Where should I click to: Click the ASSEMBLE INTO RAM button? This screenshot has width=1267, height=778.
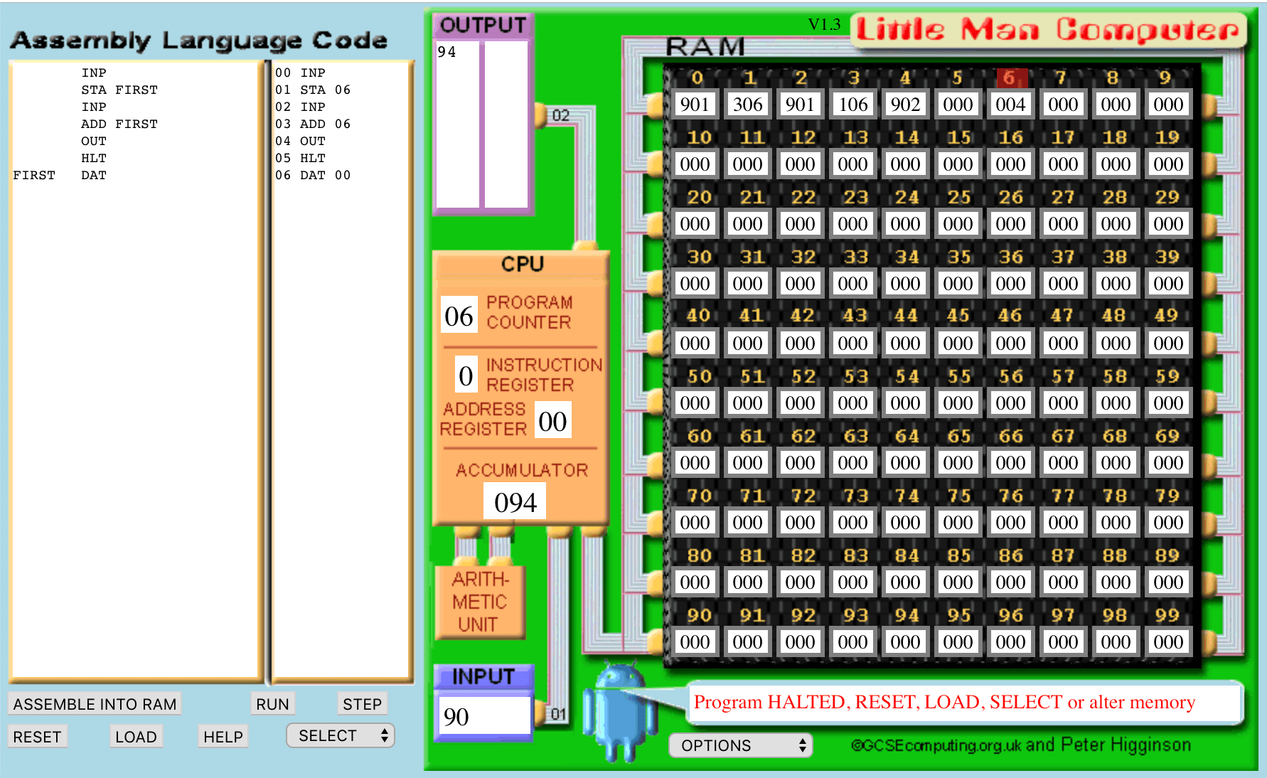pyautogui.click(x=95, y=704)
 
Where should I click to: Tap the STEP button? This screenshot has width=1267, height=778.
pyautogui.click(x=362, y=704)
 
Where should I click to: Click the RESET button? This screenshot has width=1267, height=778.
pyautogui.click(x=38, y=737)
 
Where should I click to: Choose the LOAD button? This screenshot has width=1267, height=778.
pyautogui.click(x=136, y=737)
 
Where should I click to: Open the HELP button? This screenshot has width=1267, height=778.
pyautogui.click(x=223, y=737)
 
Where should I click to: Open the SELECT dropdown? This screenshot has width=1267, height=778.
pyautogui.click(x=341, y=736)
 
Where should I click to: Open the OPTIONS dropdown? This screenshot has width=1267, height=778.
pyautogui.click(x=740, y=745)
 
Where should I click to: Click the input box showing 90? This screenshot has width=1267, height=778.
pyautogui.click(x=483, y=716)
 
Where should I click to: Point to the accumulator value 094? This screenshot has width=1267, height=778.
pyautogui.click(x=515, y=502)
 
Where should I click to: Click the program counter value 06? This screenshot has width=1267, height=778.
pyautogui.click(x=459, y=316)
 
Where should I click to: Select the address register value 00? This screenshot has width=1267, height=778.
pyautogui.click(x=552, y=421)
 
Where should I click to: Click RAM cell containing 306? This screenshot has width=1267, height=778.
pyautogui.click(x=747, y=105)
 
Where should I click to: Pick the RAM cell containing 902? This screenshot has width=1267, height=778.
pyautogui.click(x=905, y=105)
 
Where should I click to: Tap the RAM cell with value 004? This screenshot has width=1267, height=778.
pyautogui.click(x=1010, y=105)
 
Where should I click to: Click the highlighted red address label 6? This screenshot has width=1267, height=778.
pyautogui.click(x=1009, y=78)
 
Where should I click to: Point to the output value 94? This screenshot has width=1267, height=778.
pyautogui.click(x=447, y=52)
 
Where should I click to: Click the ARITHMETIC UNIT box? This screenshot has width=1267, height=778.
pyautogui.click(x=480, y=602)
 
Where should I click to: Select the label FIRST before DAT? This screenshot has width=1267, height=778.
pyautogui.click(x=34, y=175)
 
